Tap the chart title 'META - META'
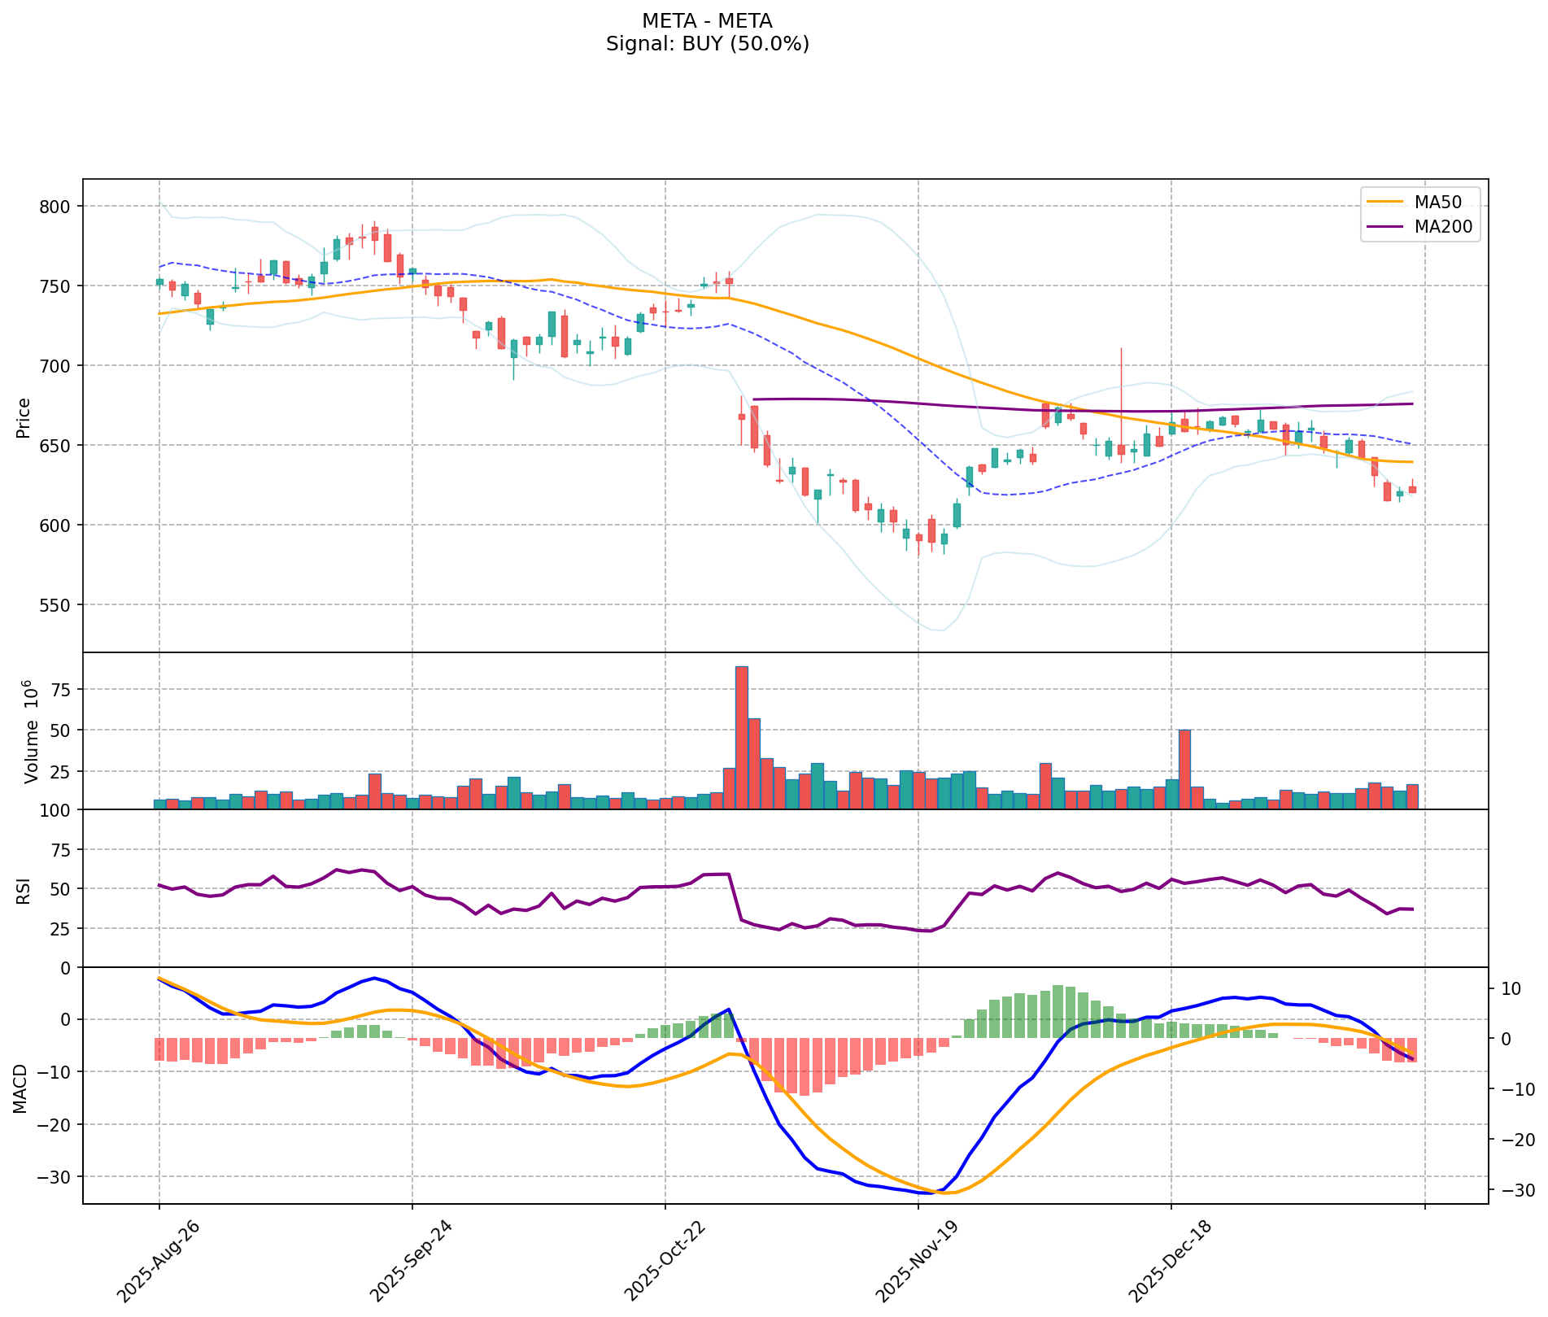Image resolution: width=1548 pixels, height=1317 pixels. (707, 20)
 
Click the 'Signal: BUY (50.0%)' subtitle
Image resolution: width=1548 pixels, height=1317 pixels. (707, 44)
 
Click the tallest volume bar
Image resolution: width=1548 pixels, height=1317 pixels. (742, 737)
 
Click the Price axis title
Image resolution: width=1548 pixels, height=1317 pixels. (24, 417)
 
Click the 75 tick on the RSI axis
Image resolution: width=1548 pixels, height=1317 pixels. (62, 850)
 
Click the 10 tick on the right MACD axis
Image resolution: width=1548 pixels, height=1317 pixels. (1511, 989)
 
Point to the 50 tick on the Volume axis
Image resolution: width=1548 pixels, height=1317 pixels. (62, 730)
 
